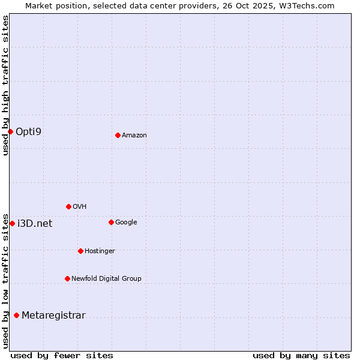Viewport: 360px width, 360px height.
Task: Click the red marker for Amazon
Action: click(118, 135)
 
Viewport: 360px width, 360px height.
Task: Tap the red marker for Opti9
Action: click(10, 131)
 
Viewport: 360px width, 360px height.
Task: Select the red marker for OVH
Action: click(68, 206)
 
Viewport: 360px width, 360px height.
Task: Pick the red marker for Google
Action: click(111, 222)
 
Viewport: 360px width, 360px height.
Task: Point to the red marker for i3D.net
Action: click(12, 223)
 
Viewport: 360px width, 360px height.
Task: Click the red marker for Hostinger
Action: click(80, 251)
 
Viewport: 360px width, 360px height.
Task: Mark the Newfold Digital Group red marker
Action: click(67, 278)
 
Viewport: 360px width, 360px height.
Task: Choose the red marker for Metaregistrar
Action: click(16, 315)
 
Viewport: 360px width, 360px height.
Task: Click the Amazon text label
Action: click(134, 136)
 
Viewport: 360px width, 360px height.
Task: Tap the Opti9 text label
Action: click(29, 131)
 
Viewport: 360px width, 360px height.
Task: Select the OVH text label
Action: click(80, 207)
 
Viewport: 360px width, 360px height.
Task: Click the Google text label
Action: click(126, 223)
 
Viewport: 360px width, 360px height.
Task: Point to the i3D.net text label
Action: click(35, 224)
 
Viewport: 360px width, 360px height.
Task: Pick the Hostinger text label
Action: click(100, 251)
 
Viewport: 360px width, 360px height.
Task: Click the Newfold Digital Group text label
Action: click(106, 278)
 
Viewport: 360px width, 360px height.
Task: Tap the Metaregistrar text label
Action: click(53, 316)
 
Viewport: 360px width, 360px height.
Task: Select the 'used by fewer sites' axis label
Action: click(62, 355)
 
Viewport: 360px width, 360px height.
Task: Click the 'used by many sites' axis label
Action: click(301, 355)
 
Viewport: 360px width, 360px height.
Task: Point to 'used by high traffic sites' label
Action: click(5, 85)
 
